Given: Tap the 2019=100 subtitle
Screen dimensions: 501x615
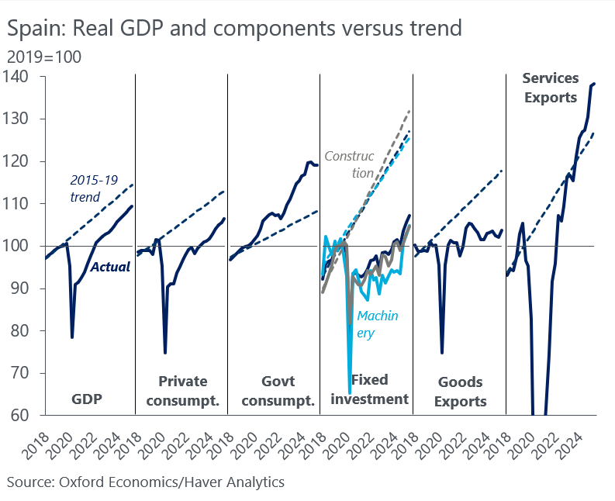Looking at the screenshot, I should pos(43,57).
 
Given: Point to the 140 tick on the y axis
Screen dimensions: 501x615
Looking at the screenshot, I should pos(16,77).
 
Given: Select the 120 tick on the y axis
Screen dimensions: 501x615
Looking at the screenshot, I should pos(16,161).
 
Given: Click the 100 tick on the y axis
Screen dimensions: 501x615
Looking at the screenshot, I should pos(16,246).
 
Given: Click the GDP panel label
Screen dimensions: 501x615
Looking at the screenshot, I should pos(87,399).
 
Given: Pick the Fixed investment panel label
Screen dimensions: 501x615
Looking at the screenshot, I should pos(369,389).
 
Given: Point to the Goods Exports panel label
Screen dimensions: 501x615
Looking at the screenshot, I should pos(461,392).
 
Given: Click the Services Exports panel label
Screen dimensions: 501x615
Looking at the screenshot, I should pos(550,88).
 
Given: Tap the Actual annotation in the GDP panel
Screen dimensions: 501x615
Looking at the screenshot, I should pos(109,267).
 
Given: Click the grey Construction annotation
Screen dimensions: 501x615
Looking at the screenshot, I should pos(348,164).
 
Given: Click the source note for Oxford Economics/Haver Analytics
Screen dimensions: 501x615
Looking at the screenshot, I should pos(146,482).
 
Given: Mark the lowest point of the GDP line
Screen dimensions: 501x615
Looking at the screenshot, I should pos(72,337).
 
